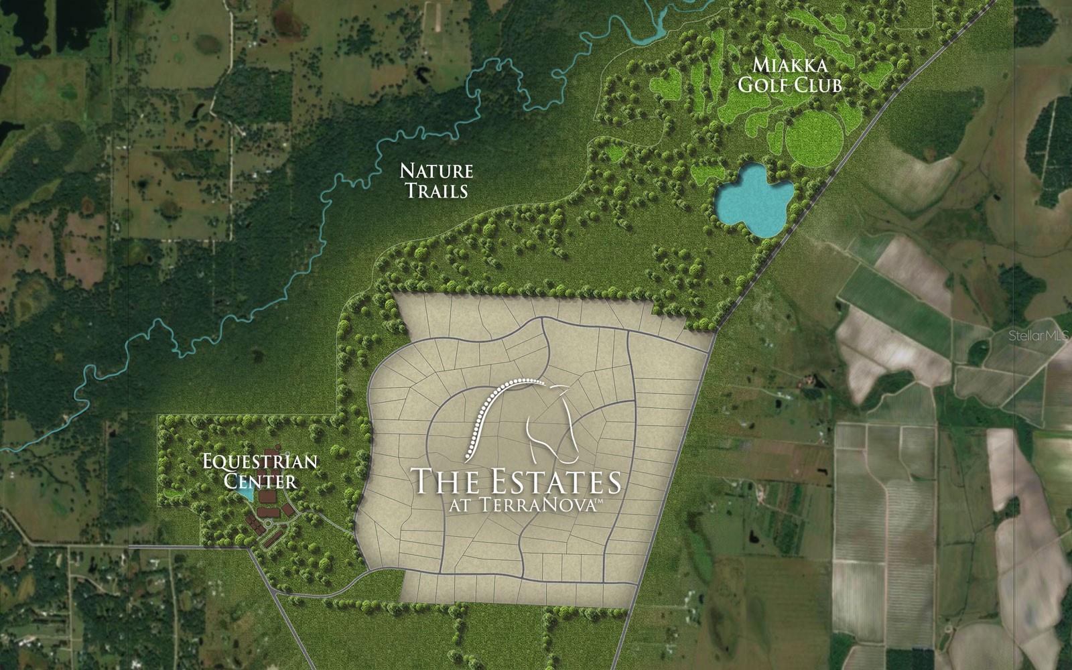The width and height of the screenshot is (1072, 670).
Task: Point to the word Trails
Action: pos(435,191)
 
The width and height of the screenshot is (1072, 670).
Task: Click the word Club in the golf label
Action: pos(817,86)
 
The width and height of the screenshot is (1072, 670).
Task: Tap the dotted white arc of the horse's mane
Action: pos(492,409)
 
